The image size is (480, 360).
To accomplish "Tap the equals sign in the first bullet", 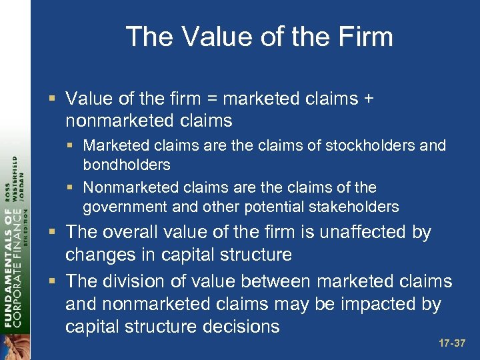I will tap(211, 99).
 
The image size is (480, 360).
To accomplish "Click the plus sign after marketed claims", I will tap(367, 99).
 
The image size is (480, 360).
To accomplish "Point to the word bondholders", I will tap(127, 165).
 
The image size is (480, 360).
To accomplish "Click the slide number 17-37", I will tap(452, 343).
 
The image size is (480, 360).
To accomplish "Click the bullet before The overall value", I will tap(54, 233).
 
